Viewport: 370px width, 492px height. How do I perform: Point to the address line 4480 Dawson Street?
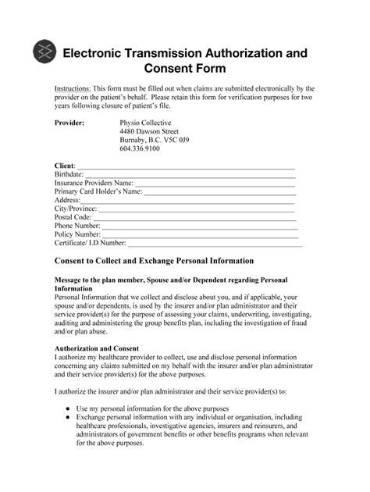149,132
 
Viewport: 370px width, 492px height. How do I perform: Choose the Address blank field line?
188,202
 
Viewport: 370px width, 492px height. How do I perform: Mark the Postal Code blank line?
195,219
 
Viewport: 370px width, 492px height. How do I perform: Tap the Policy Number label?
77,234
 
